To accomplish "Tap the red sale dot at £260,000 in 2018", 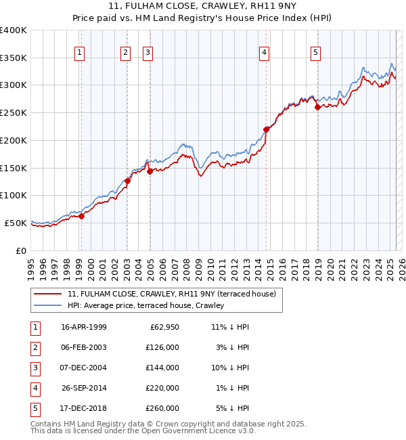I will (317, 107).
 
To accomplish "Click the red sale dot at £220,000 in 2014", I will (266, 129).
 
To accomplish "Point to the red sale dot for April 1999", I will (81, 216).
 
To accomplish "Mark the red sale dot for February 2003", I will (127, 181).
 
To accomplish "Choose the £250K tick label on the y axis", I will (13, 112).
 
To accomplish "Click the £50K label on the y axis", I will (16, 223).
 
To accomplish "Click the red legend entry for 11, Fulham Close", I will (171, 294).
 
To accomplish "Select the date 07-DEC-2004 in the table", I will (83, 368).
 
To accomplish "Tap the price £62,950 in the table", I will (163, 327).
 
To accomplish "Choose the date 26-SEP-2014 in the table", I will (83, 388).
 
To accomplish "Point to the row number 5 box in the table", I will (35, 408).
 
